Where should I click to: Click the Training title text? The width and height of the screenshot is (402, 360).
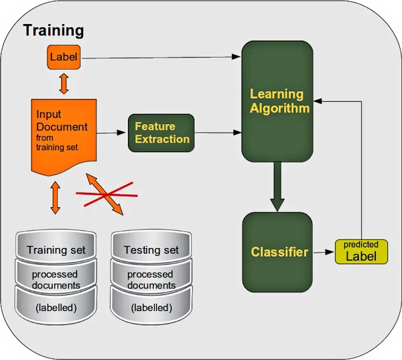click(54, 30)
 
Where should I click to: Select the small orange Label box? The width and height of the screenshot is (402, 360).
click(64, 58)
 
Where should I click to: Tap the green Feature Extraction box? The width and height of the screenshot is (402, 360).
click(160, 132)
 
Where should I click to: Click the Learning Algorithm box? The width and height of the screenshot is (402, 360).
click(277, 101)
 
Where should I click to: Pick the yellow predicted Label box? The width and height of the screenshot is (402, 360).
click(360, 251)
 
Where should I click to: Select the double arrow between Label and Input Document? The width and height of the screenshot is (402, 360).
click(64, 83)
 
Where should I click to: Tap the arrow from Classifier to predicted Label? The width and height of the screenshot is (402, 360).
click(324, 253)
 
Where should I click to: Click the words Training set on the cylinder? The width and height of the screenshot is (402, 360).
click(56, 250)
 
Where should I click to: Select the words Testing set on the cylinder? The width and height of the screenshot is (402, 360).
click(151, 250)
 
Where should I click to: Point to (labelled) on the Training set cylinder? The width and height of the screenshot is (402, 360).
click(56, 308)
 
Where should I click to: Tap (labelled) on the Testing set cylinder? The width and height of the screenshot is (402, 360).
click(151, 308)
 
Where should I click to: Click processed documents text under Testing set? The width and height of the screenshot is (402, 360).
click(151, 280)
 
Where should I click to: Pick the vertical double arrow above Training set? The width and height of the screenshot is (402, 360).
click(56, 200)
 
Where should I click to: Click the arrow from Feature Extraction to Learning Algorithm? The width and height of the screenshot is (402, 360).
click(217, 133)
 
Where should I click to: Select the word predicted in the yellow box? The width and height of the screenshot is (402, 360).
click(361, 245)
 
